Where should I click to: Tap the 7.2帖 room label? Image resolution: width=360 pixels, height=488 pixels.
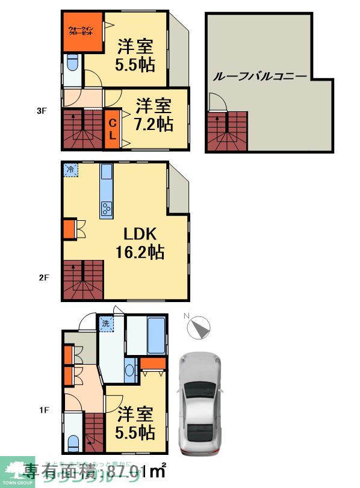154,116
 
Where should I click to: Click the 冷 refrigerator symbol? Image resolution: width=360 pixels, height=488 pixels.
70,170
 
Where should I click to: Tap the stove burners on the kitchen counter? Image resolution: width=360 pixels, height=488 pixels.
107,209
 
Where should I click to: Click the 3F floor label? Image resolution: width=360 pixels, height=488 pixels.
41,111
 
